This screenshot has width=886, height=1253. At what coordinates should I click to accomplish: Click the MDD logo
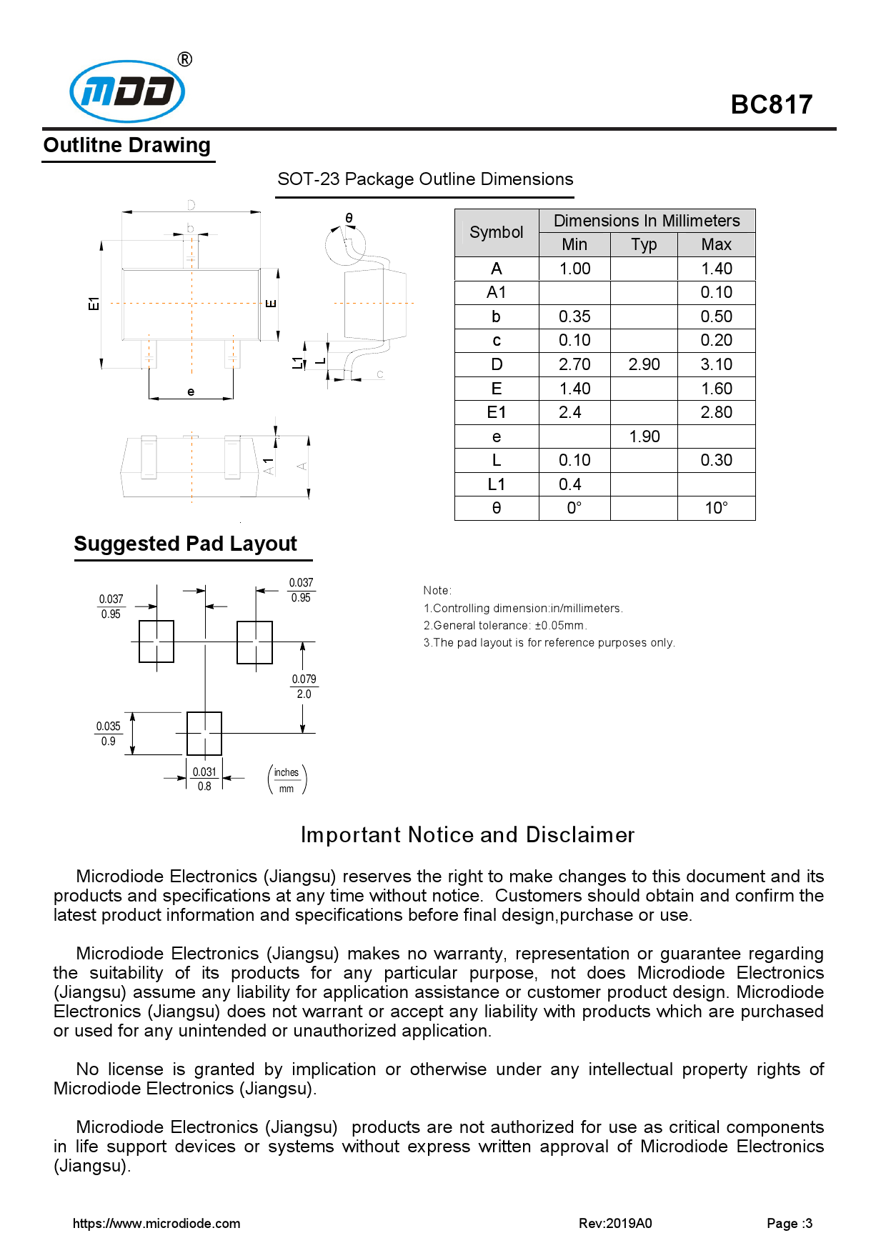pos(127,91)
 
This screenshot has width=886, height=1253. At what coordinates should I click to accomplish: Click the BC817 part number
pos(771,105)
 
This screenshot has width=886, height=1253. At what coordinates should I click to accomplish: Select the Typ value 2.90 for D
pos(644,364)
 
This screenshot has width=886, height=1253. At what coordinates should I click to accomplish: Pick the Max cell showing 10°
pos(716,508)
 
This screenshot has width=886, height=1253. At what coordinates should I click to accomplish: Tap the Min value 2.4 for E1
pos(570,412)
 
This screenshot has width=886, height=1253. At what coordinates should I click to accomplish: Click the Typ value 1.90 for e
pos(644,436)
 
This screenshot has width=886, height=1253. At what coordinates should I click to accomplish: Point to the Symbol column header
pos(497,232)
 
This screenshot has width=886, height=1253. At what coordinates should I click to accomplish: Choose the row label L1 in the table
pos(497,484)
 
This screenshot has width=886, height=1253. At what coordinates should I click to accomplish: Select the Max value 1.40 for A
pos(716,269)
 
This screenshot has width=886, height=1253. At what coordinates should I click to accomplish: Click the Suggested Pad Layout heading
pos(186,544)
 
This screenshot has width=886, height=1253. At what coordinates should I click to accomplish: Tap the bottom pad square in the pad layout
pos(204,734)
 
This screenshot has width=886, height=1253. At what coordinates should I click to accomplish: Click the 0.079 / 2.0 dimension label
pos(304,687)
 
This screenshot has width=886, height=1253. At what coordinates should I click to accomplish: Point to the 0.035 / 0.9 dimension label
pos(109,734)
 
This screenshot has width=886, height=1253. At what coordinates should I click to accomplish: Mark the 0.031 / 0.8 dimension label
pos(204,779)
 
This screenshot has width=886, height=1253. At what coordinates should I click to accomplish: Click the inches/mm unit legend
pos(287,780)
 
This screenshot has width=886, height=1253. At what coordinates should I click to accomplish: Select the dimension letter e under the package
pos(191,391)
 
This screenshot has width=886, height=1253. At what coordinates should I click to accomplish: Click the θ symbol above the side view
pos(349,218)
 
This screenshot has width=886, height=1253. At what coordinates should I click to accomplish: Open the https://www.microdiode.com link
pos(156,1223)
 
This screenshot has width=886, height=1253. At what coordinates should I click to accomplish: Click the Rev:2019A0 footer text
pos(615,1223)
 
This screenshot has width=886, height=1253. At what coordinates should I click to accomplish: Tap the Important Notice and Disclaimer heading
pos(467,834)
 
